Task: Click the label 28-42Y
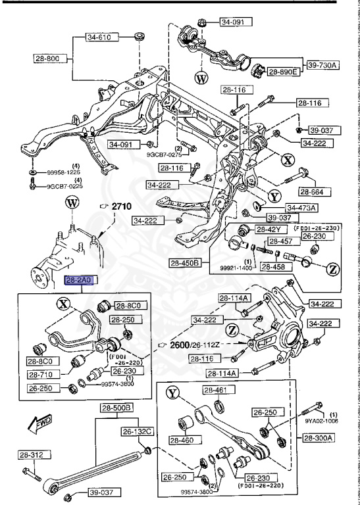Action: (x=269, y=229)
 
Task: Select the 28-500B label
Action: (x=116, y=408)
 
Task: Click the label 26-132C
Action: (x=136, y=431)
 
